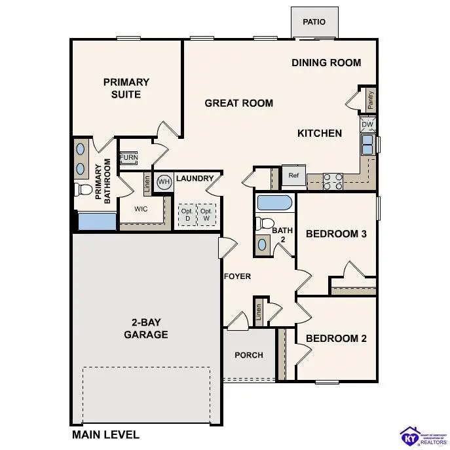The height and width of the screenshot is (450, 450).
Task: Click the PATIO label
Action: click(314, 22)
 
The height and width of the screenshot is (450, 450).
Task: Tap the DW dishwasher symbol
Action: click(367, 124)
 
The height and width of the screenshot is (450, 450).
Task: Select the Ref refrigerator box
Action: click(293, 175)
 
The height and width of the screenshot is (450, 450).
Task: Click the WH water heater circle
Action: click(164, 181)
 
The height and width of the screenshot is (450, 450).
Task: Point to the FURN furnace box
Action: click(128, 158)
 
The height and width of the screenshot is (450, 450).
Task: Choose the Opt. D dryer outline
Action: click(187, 215)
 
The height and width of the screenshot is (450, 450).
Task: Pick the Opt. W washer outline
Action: click(206, 215)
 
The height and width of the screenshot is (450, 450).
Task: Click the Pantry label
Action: click(371, 100)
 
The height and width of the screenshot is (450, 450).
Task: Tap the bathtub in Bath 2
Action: click(275, 202)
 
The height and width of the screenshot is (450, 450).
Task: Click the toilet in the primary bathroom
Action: click(84, 191)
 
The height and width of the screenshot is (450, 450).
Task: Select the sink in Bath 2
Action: click(263, 244)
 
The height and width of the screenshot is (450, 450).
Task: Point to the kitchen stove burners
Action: click(333, 181)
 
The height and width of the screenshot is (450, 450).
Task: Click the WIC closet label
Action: click(141, 210)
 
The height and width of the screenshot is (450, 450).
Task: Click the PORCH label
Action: click(249, 355)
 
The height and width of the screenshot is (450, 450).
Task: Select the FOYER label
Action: click(237, 276)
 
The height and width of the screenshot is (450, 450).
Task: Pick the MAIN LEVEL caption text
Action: click(105, 434)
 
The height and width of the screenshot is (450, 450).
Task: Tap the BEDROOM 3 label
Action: click(336, 234)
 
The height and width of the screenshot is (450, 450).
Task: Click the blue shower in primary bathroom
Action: click(97, 221)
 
